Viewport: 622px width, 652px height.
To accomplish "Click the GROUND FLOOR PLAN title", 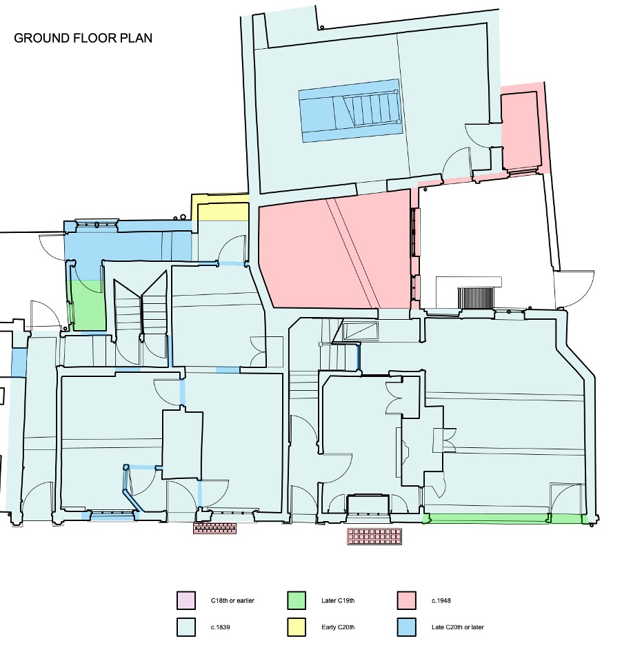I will [x=83, y=37].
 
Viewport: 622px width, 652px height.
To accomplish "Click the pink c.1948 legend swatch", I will [x=408, y=601].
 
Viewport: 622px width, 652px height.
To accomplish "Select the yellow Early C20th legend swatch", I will [x=297, y=627].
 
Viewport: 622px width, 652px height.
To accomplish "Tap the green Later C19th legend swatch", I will [x=297, y=601].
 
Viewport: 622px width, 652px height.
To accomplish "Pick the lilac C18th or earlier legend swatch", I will [x=186, y=601].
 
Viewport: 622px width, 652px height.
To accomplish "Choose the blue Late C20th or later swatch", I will [x=408, y=627].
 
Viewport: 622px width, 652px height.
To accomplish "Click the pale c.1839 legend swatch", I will [x=186, y=627].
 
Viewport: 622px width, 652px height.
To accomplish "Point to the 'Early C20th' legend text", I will [x=338, y=627].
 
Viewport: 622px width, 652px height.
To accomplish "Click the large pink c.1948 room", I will [x=338, y=252].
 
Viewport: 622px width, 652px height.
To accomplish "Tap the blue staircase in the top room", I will [x=350, y=110].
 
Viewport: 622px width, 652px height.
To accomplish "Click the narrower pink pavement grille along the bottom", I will [x=214, y=529].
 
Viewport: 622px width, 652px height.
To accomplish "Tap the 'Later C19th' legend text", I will [x=338, y=601].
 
